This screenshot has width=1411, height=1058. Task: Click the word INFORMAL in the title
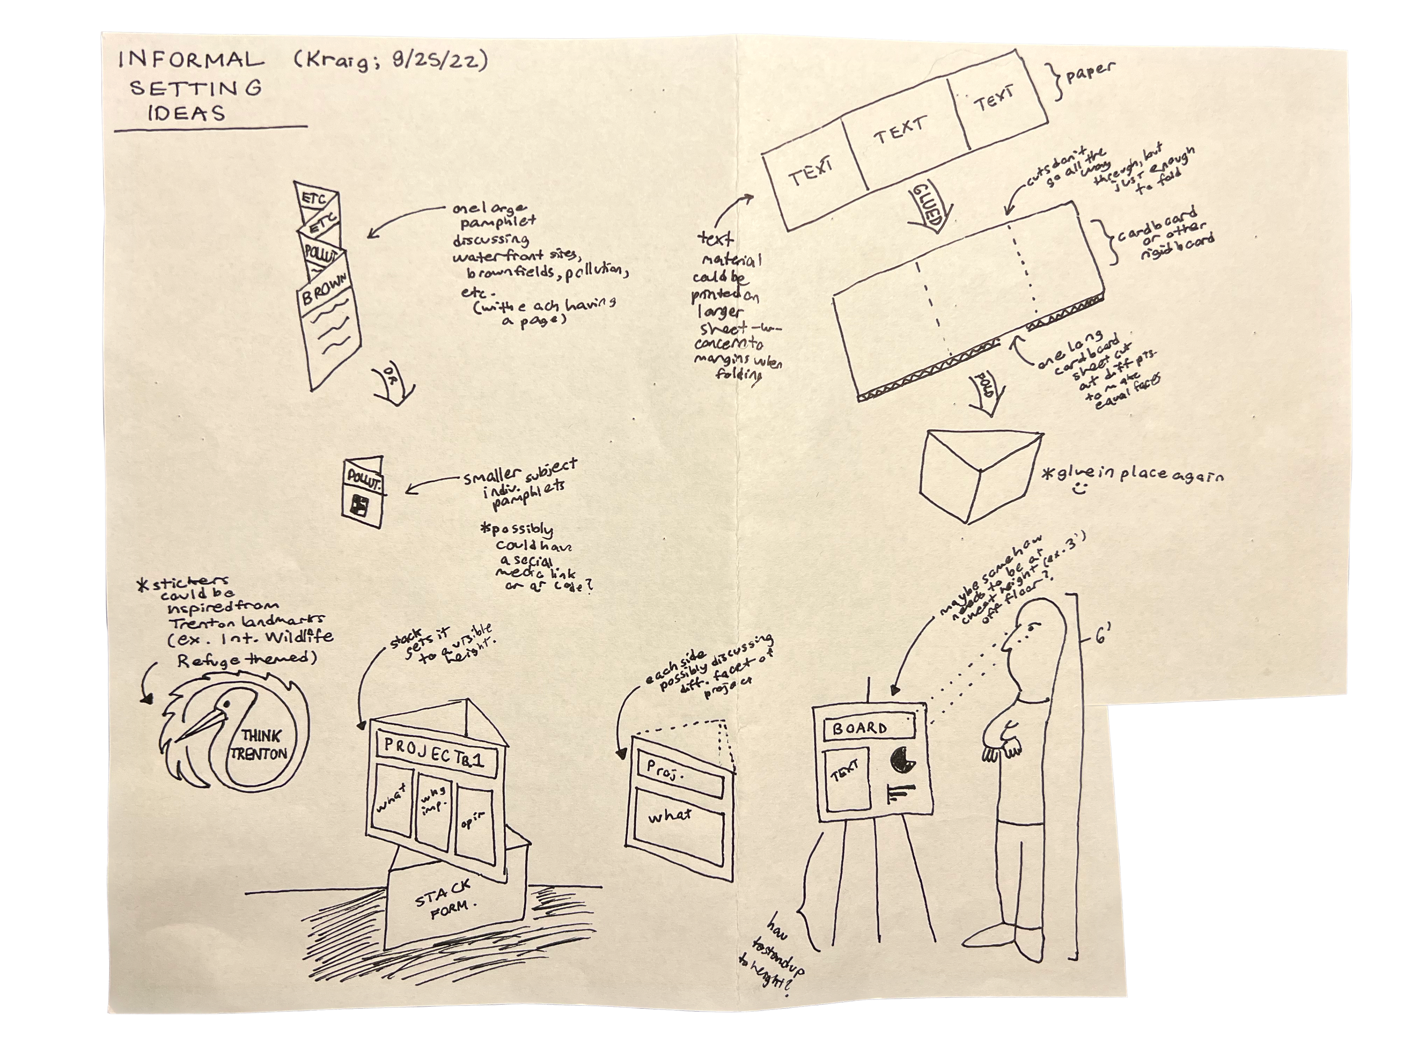click(x=190, y=61)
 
